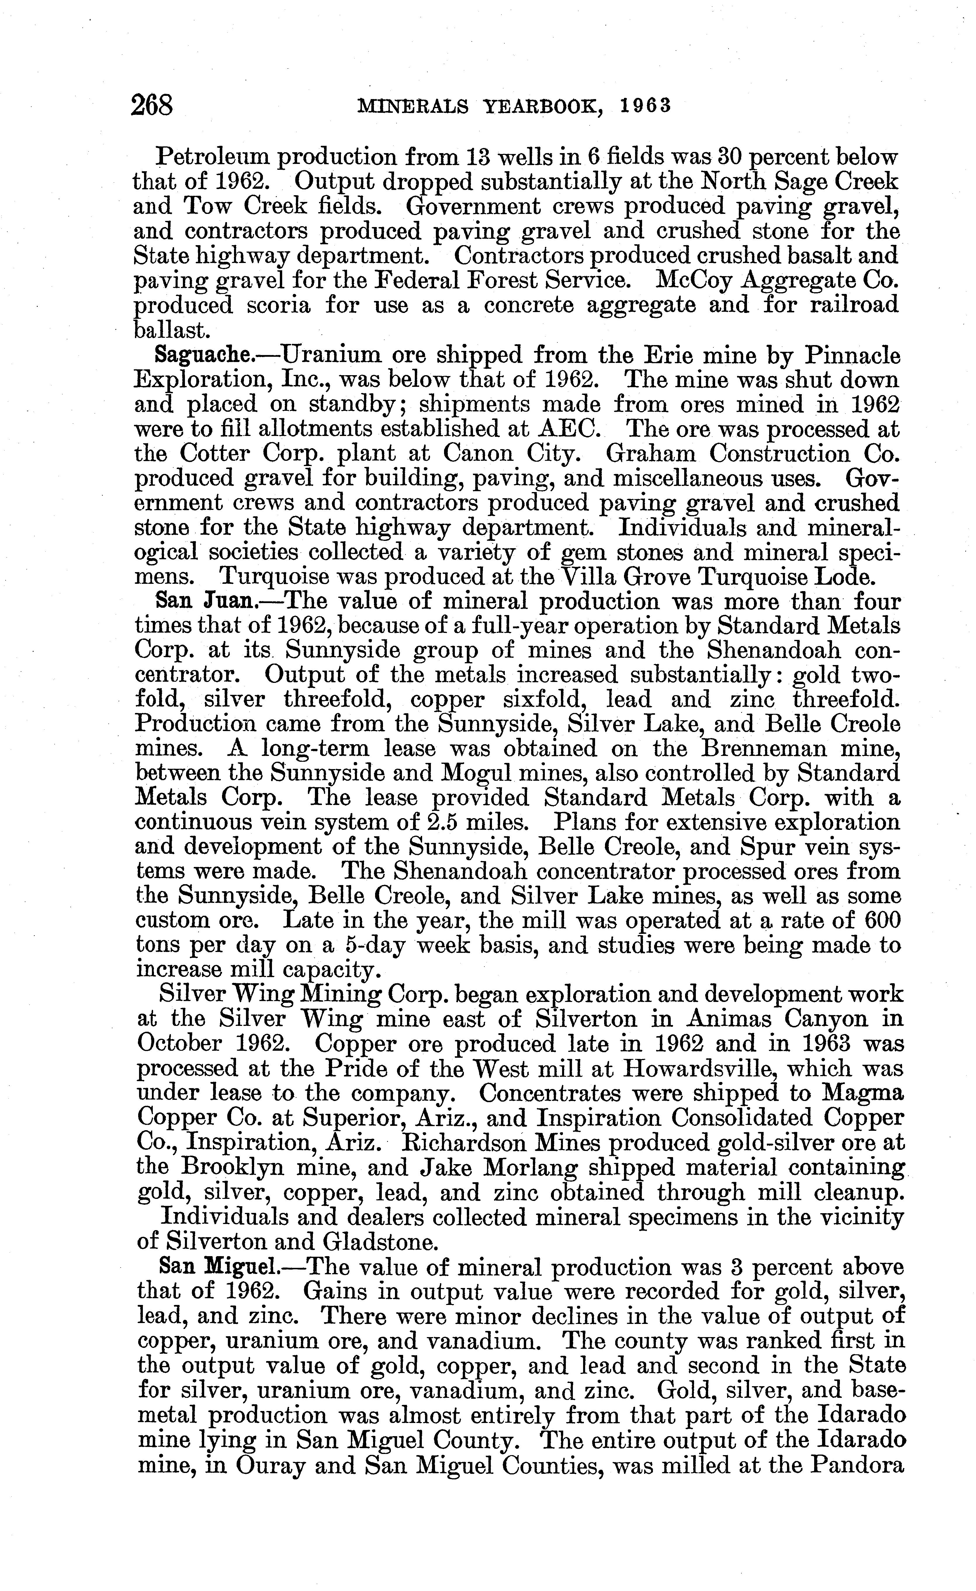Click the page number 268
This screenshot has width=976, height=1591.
point(152,105)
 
